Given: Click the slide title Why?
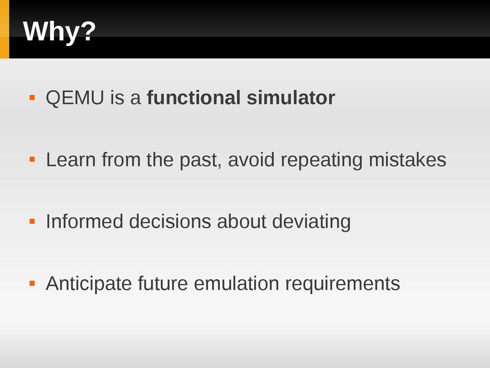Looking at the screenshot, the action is [59, 32].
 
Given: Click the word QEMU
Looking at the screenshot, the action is [75, 98].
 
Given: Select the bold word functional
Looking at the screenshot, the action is [194, 98].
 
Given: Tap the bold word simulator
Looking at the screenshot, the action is [291, 98].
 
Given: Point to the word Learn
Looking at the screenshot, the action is [71, 159].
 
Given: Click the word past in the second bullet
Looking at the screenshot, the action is [200, 160].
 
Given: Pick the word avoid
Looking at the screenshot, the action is [251, 159].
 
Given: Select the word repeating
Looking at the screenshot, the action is [322, 160].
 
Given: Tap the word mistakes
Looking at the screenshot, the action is [407, 159].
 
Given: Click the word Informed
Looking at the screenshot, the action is [85, 221].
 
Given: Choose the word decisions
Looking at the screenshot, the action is [170, 221].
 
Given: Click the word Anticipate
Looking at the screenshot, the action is [89, 284].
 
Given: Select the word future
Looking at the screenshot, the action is [163, 283].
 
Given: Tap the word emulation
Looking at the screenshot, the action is [236, 283].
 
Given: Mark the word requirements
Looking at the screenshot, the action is [342, 285].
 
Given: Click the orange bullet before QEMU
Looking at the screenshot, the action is [32, 98].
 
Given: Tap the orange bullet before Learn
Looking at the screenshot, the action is [32, 159].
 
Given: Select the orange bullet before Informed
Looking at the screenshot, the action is [32, 221].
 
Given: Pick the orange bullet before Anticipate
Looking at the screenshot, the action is [32, 283].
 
